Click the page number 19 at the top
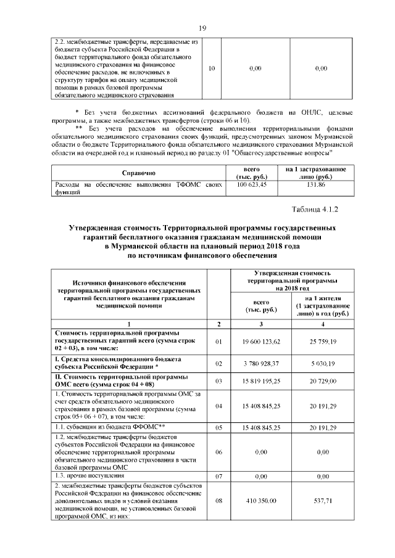point(201,27)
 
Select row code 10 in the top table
point(212,68)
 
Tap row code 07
point(218,477)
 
